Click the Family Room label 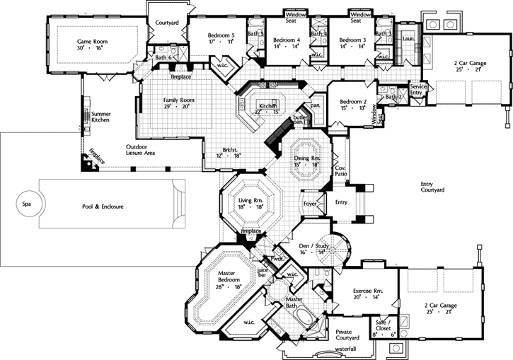pyautogui.click(x=178, y=100)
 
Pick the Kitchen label pyautogui.click(x=267, y=106)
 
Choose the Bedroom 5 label pyautogui.click(x=221, y=35)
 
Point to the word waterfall pyautogui.click(x=346, y=349)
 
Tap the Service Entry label pyautogui.click(x=417, y=88)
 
